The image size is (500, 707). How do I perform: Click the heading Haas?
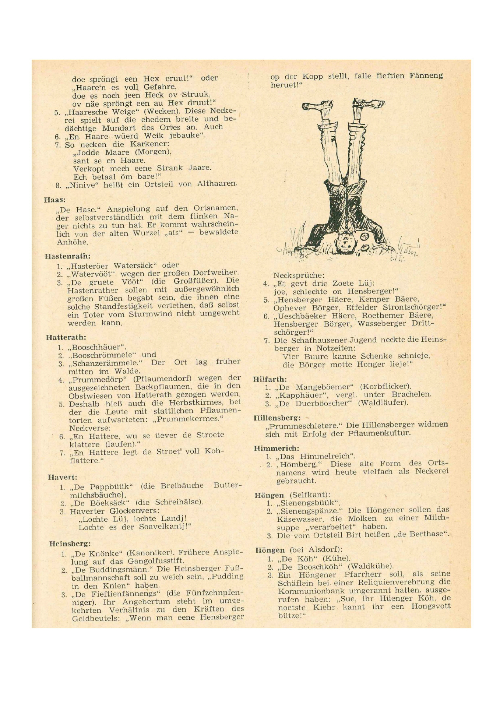coord(55,200)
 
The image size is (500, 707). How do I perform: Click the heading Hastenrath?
coord(68,256)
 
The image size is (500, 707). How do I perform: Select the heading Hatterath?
coord(66,337)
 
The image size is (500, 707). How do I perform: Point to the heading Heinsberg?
coord(70,543)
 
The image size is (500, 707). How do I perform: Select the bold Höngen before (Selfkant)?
coord(269,495)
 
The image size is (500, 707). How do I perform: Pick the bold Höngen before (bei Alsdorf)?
coord(270,550)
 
